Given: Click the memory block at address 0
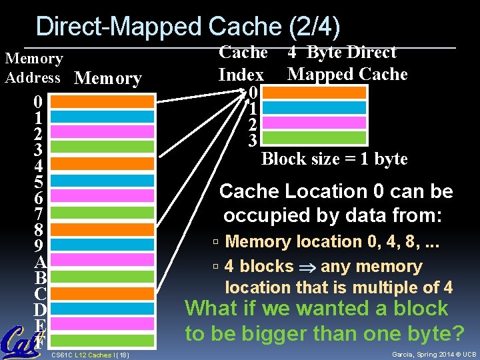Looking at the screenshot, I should point(97,101).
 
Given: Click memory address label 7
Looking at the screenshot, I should point(39,213).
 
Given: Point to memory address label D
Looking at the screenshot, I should point(39,310).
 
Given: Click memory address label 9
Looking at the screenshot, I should point(39,245).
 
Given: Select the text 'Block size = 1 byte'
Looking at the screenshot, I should point(334,159).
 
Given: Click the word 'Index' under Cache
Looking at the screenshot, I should point(241,75).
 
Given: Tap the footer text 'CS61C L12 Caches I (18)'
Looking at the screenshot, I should point(90,355).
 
